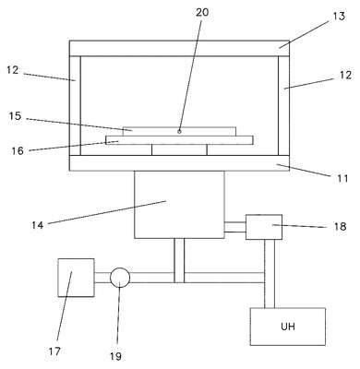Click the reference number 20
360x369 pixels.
[x=202, y=12]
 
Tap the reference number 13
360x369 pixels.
[x=339, y=16]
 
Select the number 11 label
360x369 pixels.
[x=342, y=178]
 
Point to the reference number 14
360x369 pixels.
[x=37, y=225]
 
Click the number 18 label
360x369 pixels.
[x=340, y=227]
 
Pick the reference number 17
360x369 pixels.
[x=54, y=351]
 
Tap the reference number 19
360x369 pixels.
[x=115, y=356]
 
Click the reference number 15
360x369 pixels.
[x=15, y=116]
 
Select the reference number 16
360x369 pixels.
[x=18, y=150]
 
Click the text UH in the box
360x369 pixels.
[x=288, y=326]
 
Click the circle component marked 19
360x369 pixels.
[x=120, y=278]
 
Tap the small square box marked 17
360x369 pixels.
[x=76, y=278]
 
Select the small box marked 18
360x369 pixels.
[x=264, y=227]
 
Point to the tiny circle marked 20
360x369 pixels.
[x=179, y=132]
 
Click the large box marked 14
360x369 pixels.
[x=179, y=205]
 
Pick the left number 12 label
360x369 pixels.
[x=13, y=70]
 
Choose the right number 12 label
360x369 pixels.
[x=346, y=75]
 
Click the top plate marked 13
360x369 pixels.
[x=179, y=48]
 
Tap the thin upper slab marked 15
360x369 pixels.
[x=179, y=131]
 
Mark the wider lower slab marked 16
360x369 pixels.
[x=179, y=140]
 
